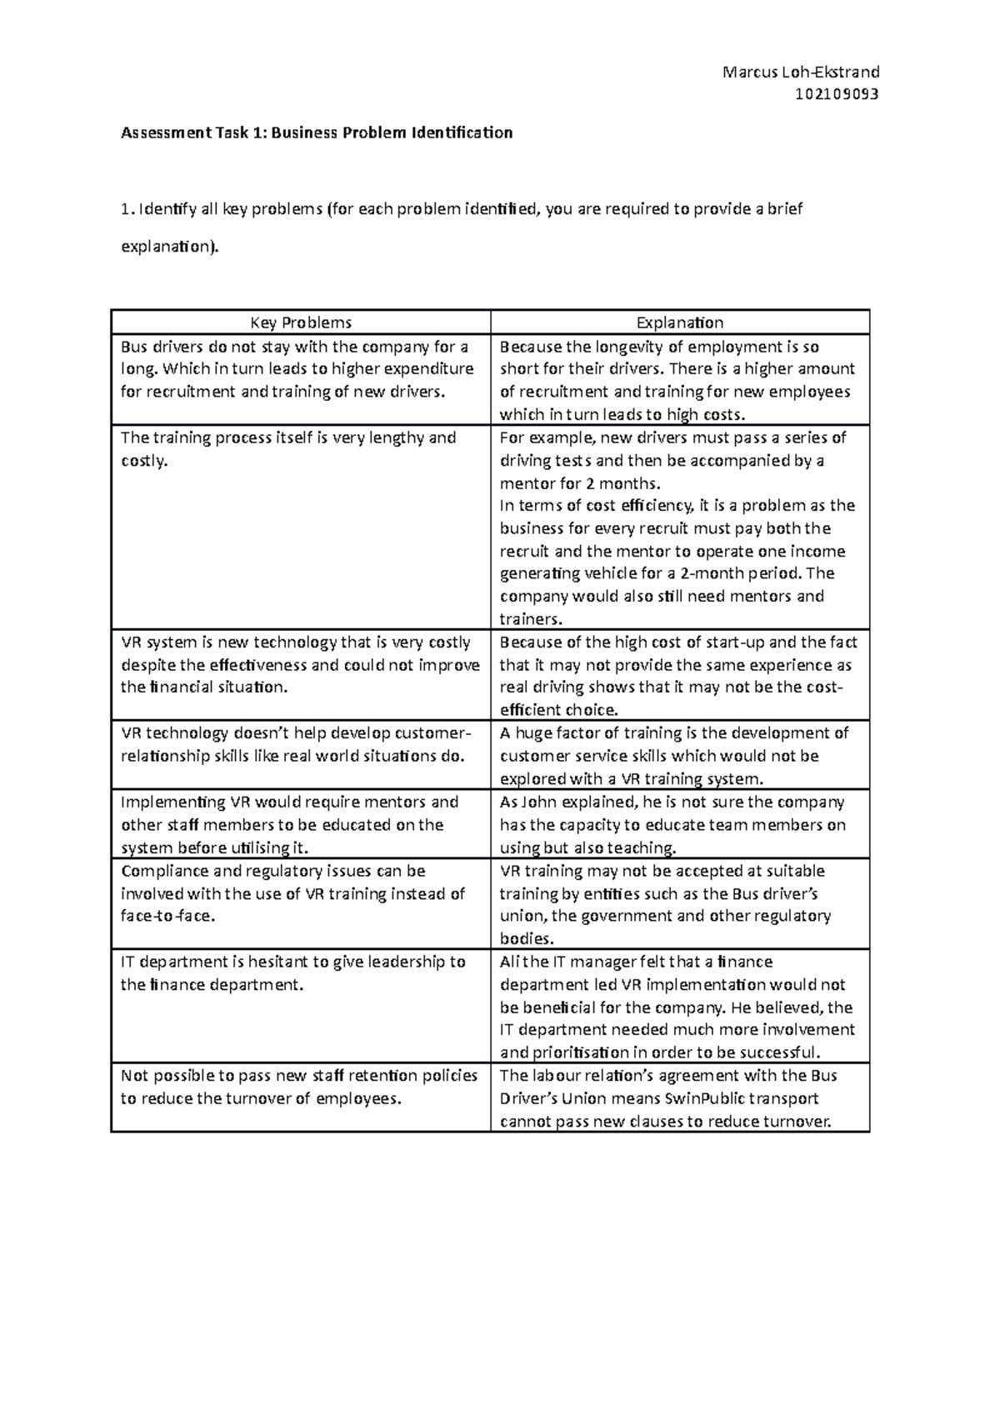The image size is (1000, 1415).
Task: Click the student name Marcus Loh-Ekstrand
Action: tap(801, 72)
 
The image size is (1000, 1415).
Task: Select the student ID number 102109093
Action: tap(837, 94)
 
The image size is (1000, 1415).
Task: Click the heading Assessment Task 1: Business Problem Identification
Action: tap(317, 132)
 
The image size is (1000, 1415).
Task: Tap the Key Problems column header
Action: tap(301, 322)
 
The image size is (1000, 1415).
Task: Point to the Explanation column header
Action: tap(679, 322)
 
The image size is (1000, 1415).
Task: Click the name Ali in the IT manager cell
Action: tap(508, 962)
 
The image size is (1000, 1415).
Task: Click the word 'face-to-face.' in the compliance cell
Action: tap(168, 916)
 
